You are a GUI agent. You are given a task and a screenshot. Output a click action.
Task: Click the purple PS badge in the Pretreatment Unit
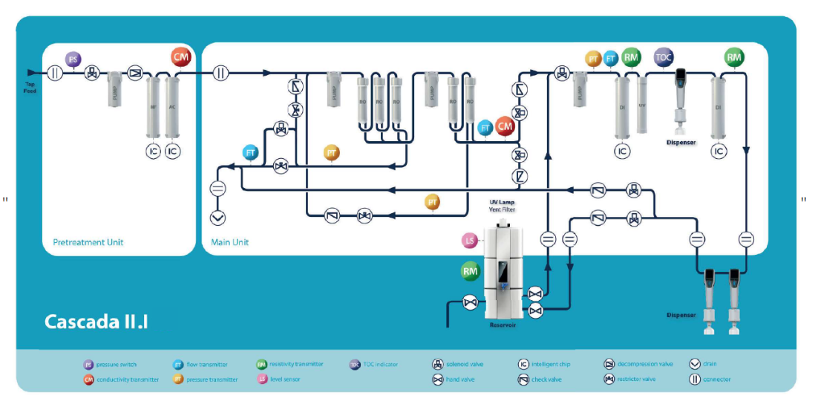coord(73,59)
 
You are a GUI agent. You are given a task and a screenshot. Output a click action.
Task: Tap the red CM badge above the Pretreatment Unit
coord(181,56)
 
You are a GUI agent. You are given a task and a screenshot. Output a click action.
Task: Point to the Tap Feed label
coord(30,88)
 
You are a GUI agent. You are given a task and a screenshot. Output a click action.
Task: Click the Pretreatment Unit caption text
coord(88,242)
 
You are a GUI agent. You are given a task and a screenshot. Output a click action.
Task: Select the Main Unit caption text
coord(230,242)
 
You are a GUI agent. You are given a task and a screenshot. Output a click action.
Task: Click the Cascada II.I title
coord(96,321)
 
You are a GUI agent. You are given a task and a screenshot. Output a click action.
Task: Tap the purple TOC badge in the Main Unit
coord(664,56)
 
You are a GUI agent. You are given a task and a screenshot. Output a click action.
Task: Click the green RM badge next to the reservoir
coord(471,272)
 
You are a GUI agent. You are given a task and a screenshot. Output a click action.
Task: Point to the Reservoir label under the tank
coord(503,325)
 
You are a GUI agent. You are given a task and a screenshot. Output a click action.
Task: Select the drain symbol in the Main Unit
coord(219,218)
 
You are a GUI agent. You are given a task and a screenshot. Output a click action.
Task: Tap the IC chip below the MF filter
coord(154,152)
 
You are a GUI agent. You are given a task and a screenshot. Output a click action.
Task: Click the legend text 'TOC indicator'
coord(382,365)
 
